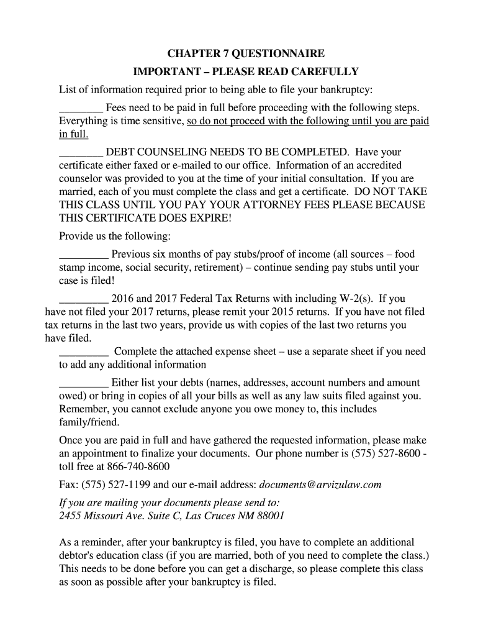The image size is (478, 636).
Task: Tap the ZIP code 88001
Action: point(267,516)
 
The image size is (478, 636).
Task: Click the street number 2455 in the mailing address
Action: point(70,516)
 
